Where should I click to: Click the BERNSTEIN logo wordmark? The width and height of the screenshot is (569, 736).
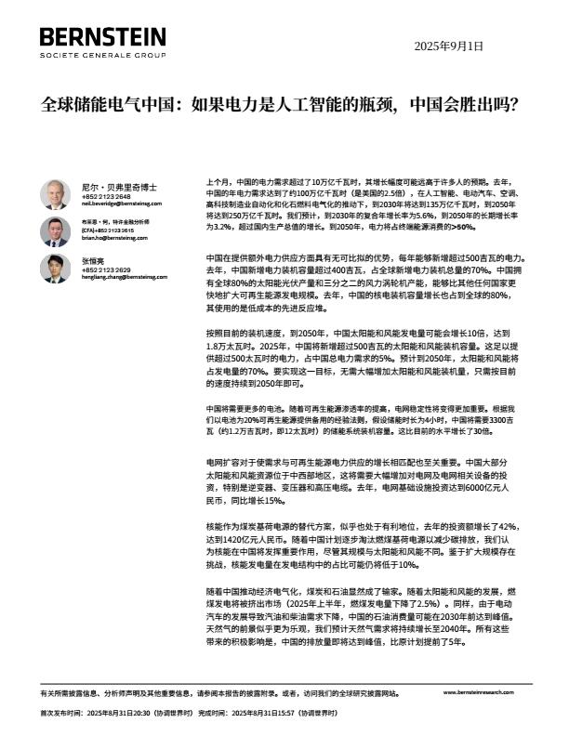[x=103, y=37]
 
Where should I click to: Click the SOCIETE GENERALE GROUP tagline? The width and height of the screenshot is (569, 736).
[x=103, y=56]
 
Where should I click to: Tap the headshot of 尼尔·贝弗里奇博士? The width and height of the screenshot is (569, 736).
[x=55, y=193]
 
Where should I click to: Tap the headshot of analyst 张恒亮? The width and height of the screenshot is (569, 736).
[x=55, y=268]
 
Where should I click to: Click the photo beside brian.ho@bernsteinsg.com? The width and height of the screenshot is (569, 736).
[x=55, y=230]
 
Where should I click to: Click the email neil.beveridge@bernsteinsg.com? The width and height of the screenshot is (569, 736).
[x=114, y=202]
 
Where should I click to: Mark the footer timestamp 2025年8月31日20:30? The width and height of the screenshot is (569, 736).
[x=132, y=712]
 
